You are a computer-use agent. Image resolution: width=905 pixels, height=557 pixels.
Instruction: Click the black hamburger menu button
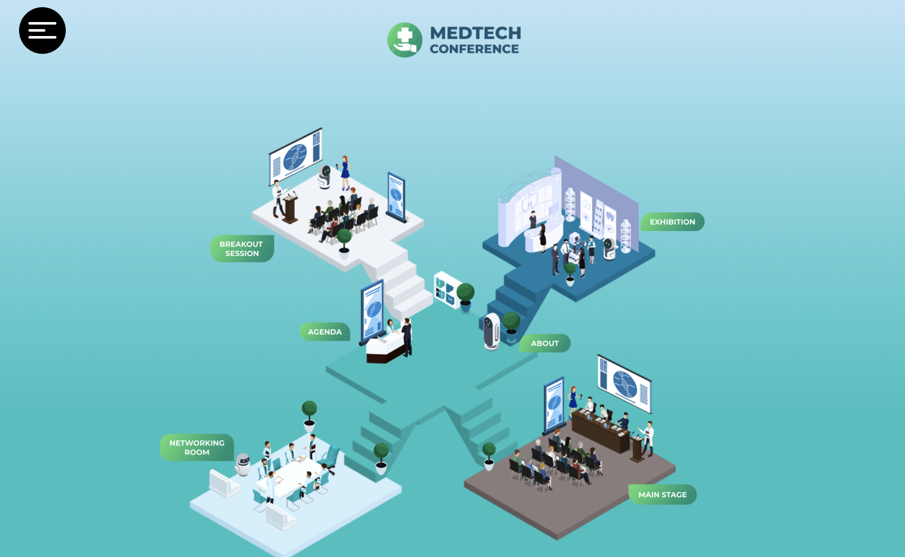tap(42, 31)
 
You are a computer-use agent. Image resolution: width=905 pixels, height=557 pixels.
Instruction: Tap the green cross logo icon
tap(405, 40)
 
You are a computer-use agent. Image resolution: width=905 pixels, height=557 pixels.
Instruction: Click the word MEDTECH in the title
tap(475, 33)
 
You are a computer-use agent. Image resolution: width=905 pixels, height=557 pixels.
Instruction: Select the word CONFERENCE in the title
tap(474, 49)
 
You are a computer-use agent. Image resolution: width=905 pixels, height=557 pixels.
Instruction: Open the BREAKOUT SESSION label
tap(242, 249)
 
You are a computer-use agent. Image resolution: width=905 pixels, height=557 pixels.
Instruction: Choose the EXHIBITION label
tap(672, 222)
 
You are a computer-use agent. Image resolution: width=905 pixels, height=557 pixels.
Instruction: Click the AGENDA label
tap(325, 332)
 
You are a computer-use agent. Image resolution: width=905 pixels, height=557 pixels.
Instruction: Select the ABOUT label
tap(545, 343)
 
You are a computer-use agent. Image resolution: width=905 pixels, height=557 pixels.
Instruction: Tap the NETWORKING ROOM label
tap(197, 448)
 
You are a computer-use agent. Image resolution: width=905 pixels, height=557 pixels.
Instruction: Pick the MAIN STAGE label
tap(662, 495)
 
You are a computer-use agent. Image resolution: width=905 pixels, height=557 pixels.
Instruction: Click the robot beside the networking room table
tap(243, 465)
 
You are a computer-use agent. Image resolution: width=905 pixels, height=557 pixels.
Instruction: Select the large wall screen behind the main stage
tap(624, 384)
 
